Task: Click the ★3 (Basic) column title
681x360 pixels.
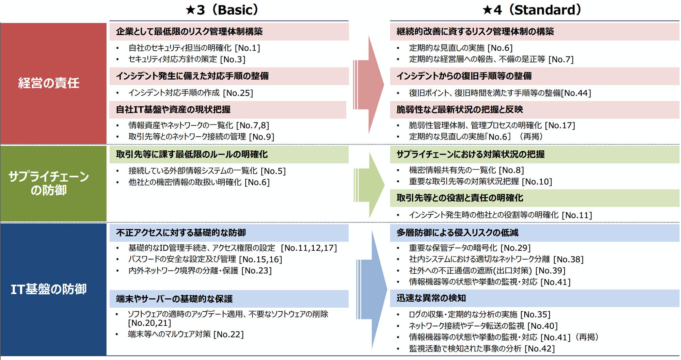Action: (x=222, y=10)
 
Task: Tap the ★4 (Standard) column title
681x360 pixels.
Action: (x=532, y=10)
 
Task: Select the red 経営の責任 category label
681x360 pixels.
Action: (x=49, y=83)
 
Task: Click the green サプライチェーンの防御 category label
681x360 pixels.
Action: (x=49, y=183)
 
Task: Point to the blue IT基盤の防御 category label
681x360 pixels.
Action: (x=49, y=289)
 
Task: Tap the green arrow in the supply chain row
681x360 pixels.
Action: (x=369, y=185)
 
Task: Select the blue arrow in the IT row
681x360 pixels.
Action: (x=371, y=290)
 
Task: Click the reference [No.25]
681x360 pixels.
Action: (x=238, y=93)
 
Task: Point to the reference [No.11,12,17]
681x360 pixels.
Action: (x=309, y=248)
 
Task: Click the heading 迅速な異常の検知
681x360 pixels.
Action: (x=431, y=298)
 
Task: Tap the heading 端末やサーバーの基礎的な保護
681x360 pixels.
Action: (x=174, y=299)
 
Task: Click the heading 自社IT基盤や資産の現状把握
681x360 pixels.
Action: (x=173, y=110)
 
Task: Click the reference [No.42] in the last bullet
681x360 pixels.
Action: (x=540, y=349)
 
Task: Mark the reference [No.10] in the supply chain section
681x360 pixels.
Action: (x=537, y=182)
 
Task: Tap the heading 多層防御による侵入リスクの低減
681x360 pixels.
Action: (x=457, y=233)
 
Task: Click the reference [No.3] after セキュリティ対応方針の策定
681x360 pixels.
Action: (x=233, y=60)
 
